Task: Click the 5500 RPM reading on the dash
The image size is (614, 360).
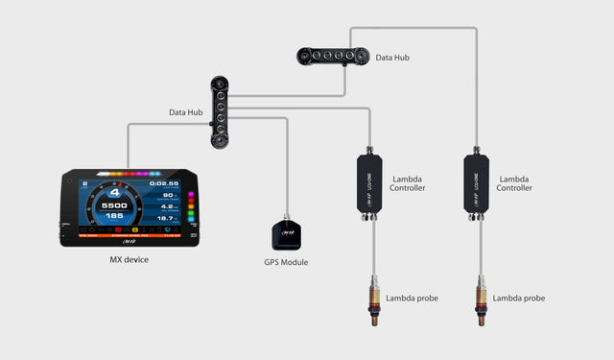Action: pyautogui.click(x=115, y=205)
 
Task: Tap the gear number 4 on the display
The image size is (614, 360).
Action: pyautogui.click(x=114, y=192)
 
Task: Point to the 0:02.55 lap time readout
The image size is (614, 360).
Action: pyautogui.click(x=164, y=182)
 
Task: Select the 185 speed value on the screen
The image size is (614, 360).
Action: pyautogui.click(x=115, y=217)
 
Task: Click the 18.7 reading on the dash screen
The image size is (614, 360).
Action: pyautogui.click(x=166, y=220)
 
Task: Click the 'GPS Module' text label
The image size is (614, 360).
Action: pyautogui.click(x=286, y=262)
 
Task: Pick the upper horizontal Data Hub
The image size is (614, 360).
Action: pyautogui.click(x=329, y=57)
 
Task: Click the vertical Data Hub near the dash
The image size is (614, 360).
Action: pyautogui.click(x=220, y=111)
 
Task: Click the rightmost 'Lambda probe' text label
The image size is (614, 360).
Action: pyautogui.click(x=519, y=299)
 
